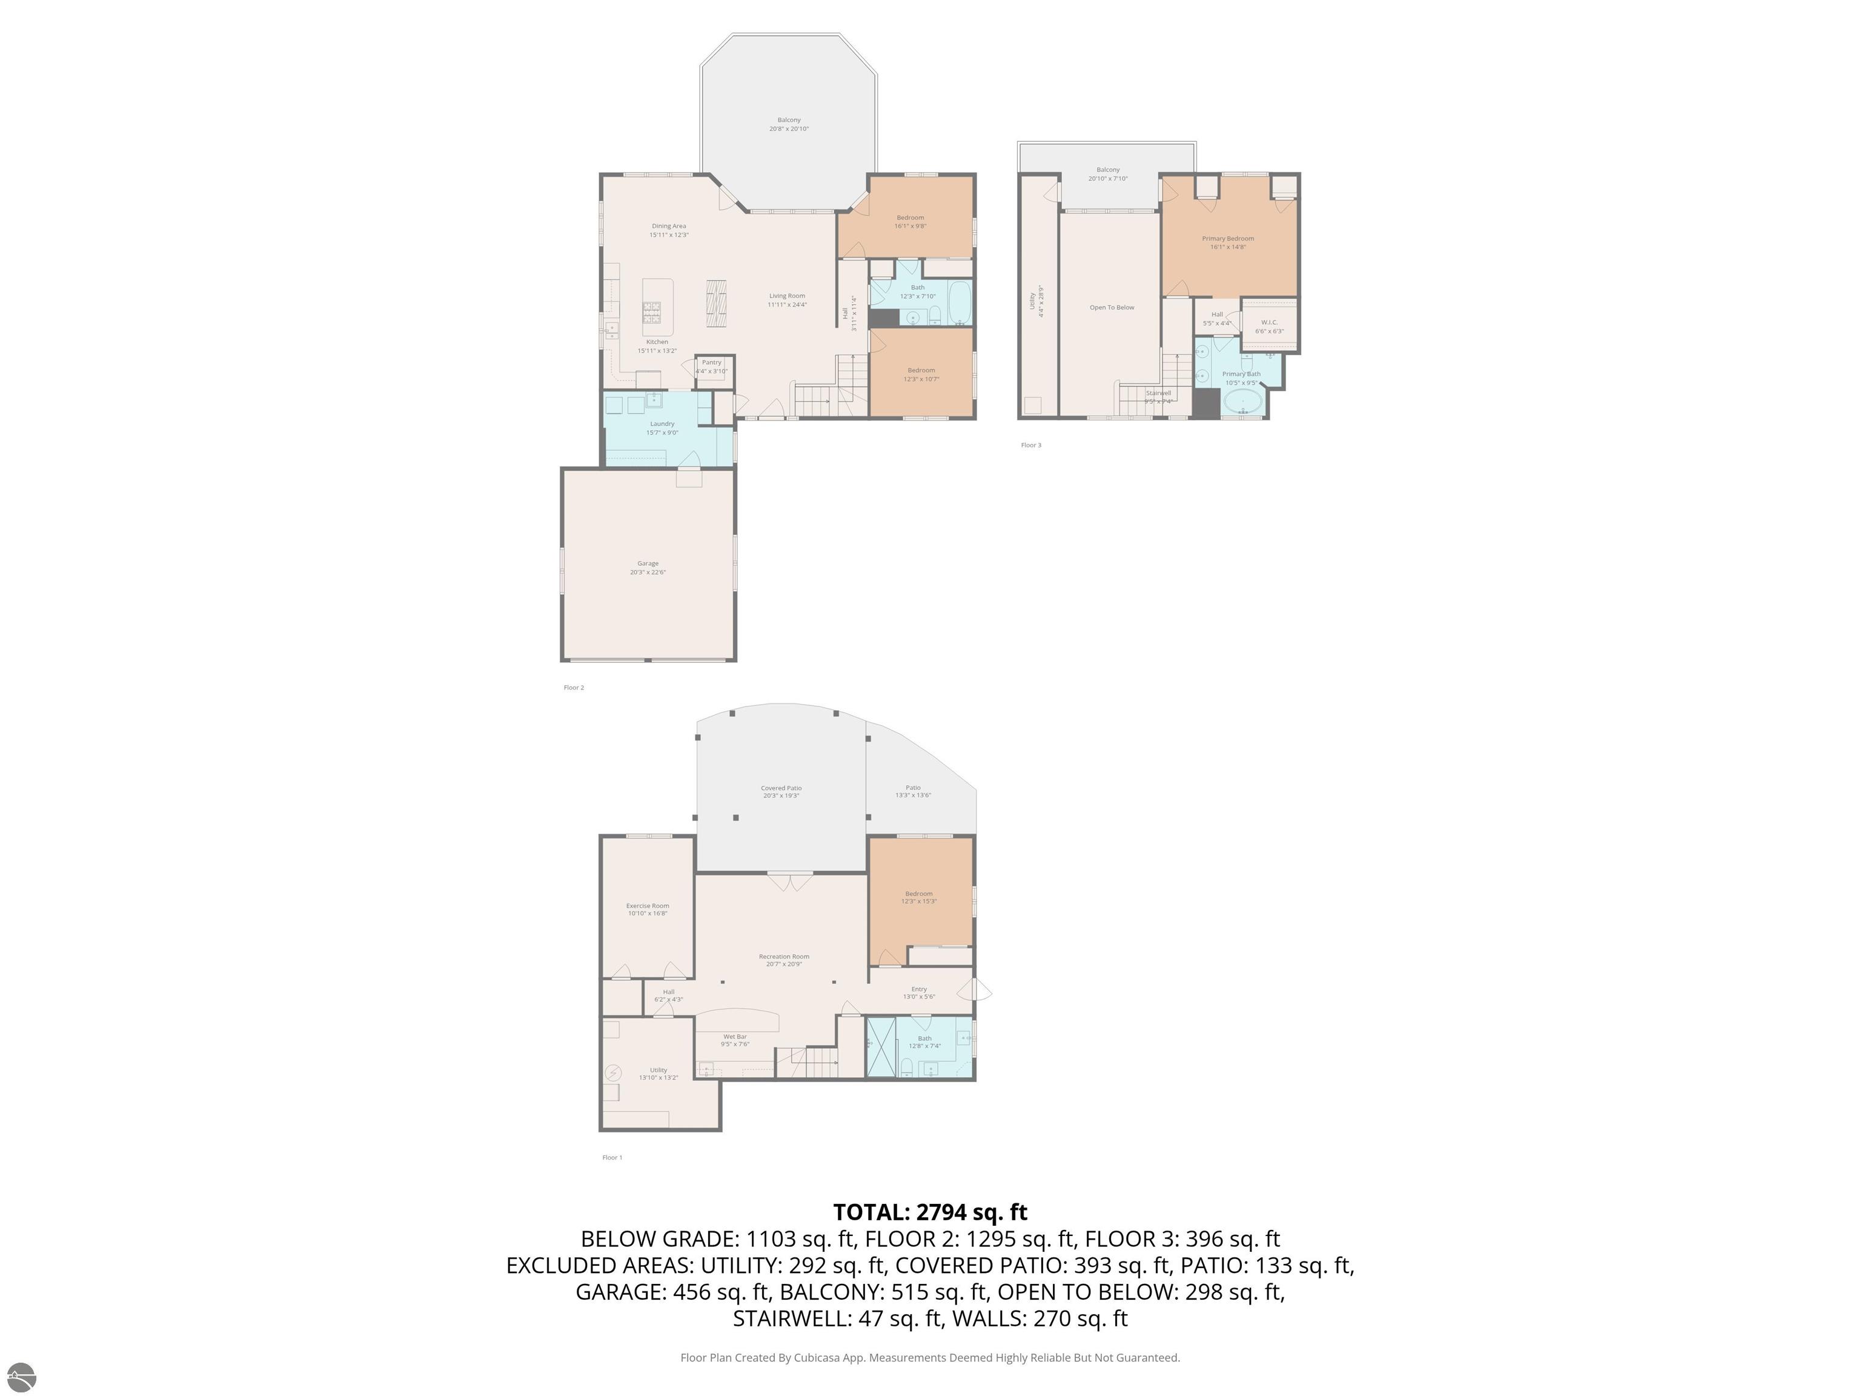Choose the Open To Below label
(1112, 307)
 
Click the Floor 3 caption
(1030, 445)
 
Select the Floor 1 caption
(612, 1157)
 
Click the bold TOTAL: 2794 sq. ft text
(930, 1212)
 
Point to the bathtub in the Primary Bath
(1242, 402)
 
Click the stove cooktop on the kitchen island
(652, 313)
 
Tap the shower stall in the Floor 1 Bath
(881, 1047)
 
